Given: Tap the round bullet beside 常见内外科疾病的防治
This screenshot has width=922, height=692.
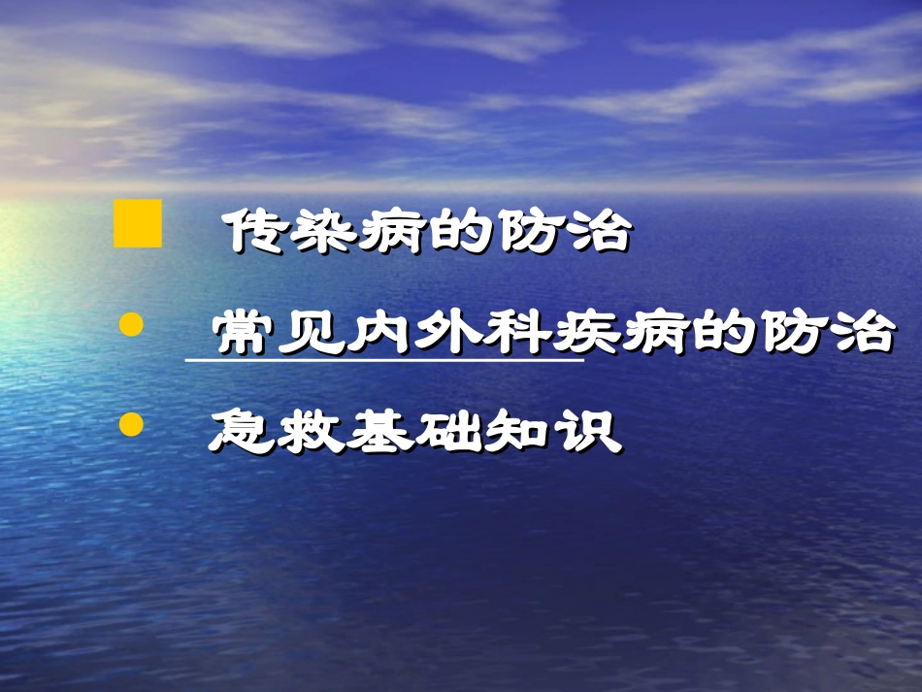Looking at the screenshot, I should [131, 326].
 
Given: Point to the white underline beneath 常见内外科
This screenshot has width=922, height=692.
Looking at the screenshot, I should [383, 361].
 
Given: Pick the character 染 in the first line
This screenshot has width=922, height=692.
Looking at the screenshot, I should [324, 234].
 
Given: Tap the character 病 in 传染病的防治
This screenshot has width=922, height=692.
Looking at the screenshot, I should [392, 234].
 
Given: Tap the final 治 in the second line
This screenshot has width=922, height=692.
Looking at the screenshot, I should [860, 334].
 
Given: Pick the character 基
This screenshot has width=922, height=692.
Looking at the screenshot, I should [379, 432].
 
